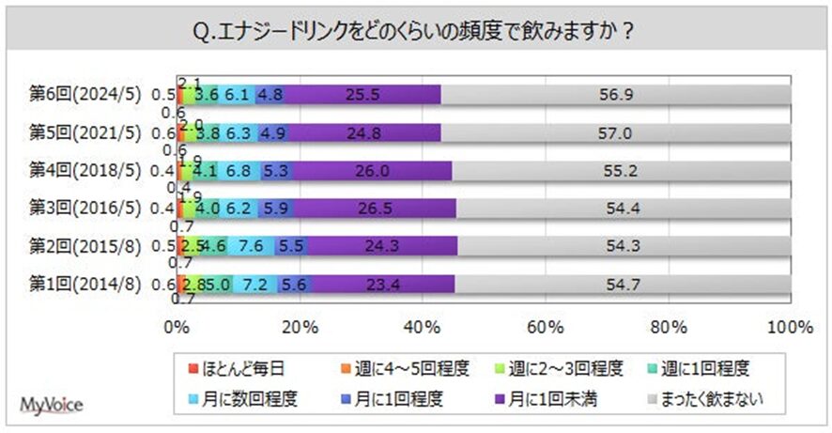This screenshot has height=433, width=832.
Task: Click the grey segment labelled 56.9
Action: (616, 94)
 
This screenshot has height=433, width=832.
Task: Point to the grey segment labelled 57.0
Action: (616, 131)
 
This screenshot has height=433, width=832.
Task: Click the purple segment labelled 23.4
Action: (382, 283)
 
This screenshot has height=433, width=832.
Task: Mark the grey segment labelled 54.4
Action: (623, 208)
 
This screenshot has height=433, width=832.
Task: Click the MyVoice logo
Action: (52, 406)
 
